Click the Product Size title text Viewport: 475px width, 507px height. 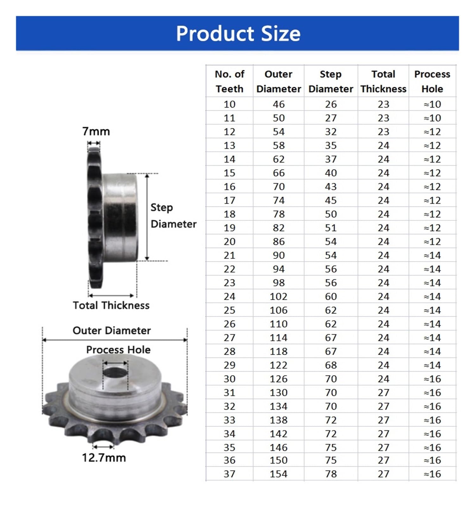238,33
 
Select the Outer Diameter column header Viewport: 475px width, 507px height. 278,81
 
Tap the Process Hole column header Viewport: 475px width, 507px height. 432,81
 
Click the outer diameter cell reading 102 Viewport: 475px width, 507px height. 278,297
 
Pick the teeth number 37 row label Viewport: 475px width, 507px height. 229,474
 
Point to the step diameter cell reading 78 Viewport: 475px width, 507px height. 331,474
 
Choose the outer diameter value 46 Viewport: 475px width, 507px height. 279,104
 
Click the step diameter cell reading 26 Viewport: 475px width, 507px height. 331,104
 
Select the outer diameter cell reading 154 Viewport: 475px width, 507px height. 278,474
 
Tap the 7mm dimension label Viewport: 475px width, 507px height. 96,131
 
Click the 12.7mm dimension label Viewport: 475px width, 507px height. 104,458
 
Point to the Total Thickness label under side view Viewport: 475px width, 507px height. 111,305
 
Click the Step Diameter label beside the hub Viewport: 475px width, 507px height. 173,215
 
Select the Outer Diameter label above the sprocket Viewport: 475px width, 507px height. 111,331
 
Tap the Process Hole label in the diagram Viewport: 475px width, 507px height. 118,350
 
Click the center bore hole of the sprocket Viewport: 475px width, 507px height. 115,372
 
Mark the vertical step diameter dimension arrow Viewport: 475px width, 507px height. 147,217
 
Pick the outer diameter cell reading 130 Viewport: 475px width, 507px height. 278,393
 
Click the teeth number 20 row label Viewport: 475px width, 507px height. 229,241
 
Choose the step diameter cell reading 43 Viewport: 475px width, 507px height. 331,187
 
